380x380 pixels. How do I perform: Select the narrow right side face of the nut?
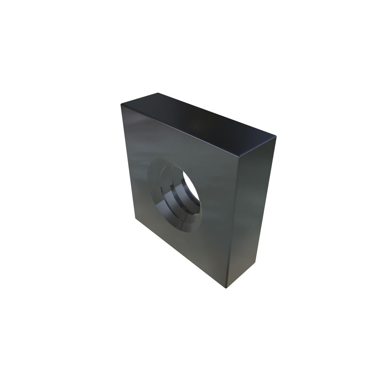251,213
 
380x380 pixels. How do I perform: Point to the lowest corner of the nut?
226,287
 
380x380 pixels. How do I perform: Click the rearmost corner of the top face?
157,93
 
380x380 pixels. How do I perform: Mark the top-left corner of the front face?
122,105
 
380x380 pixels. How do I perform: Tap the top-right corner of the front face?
241,156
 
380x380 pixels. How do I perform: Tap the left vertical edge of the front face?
128,163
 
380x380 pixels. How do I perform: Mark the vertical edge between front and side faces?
234,220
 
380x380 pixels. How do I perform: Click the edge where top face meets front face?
180,130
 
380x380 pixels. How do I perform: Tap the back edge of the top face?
217,114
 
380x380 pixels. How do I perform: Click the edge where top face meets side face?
258,146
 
